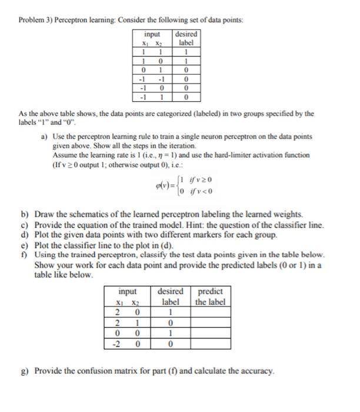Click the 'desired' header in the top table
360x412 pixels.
pyautogui.click(x=186, y=34)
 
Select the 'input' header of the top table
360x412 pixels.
pyautogui.click(x=152, y=34)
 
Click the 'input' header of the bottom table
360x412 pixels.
pyautogui.click(x=128, y=291)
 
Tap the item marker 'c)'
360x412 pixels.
pyautogui.click(x=25, y=224)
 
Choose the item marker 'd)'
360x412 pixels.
pyautogui.click(x=25, y=233)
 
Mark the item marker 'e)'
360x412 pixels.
pyautogui.click(x=25, y=242)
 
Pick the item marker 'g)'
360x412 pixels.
pyautogui.click(x=25, y=371)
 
